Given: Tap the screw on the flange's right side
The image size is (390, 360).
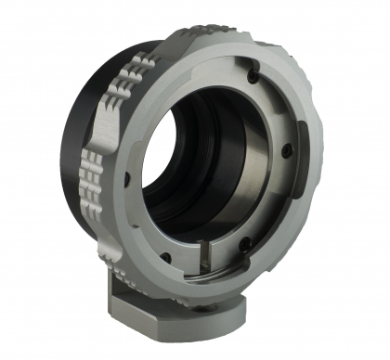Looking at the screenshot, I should click(290, 146).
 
